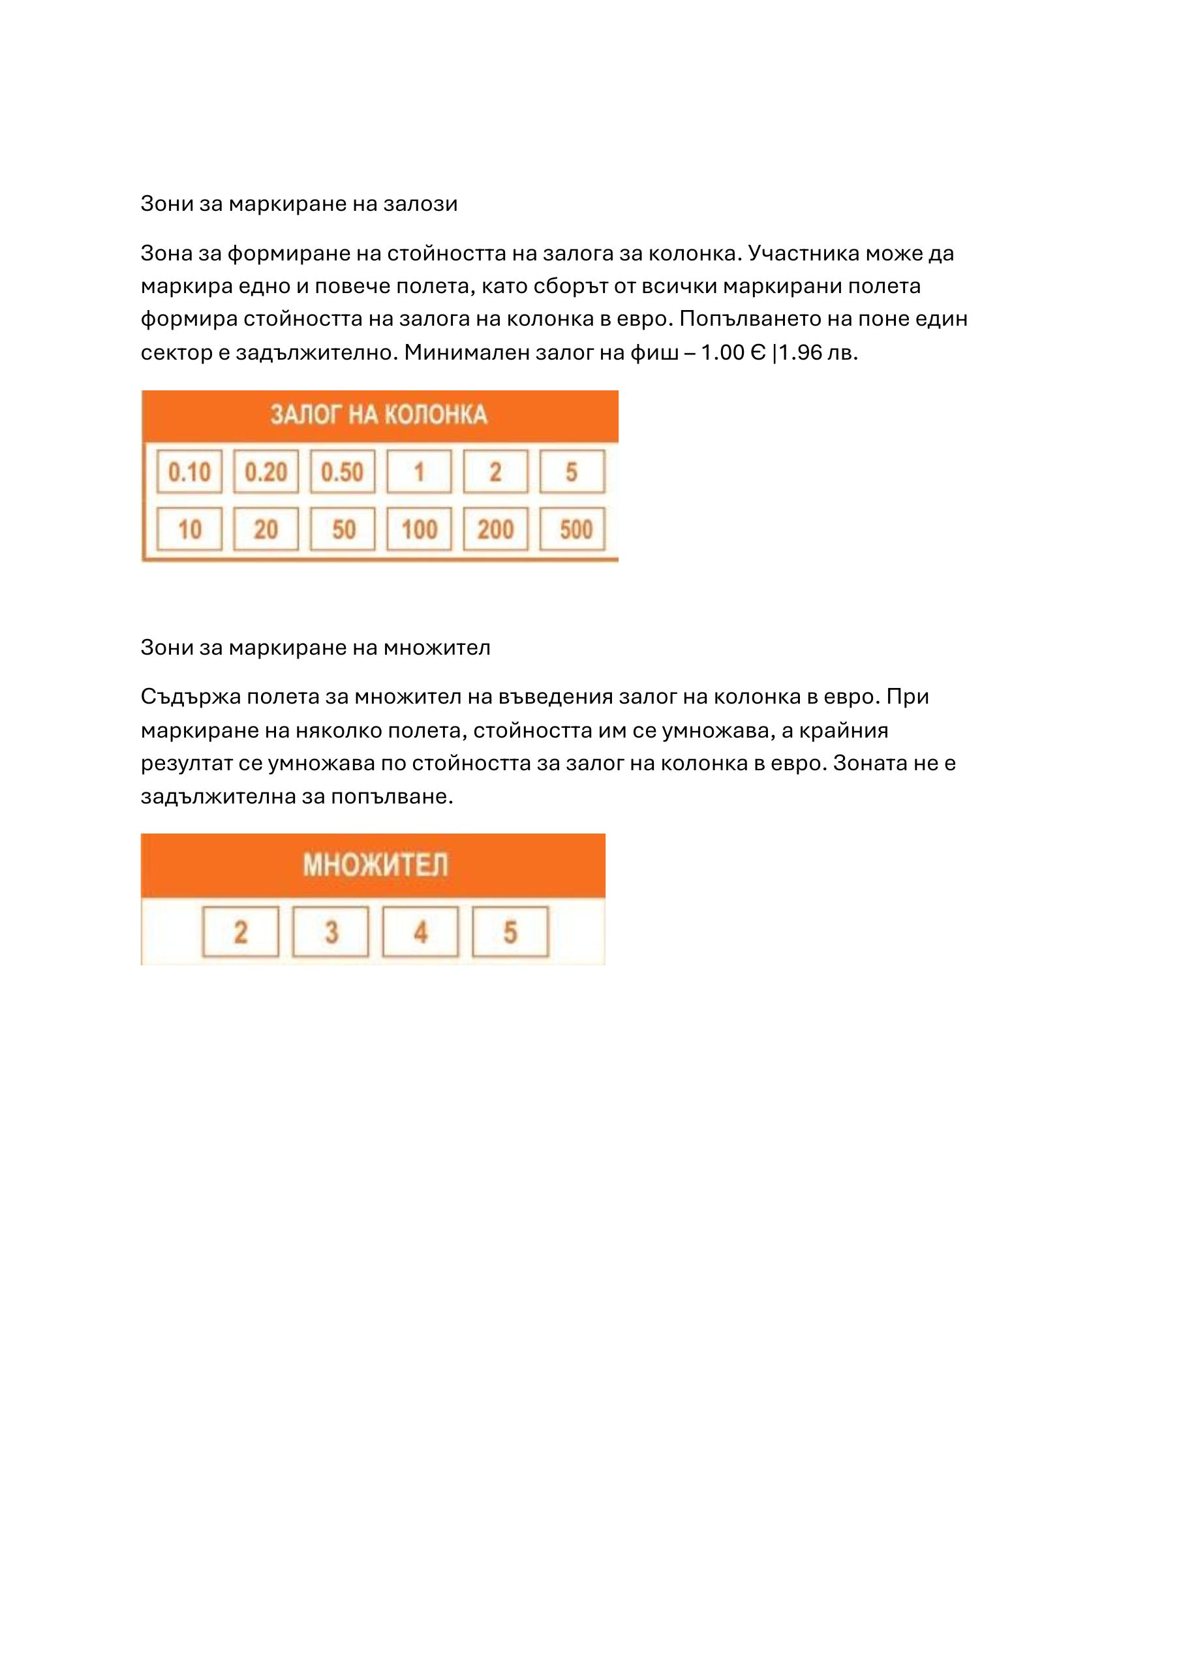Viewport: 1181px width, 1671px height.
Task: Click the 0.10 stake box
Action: pos(189,472)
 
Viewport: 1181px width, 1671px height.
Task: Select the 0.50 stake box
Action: pos(342,472)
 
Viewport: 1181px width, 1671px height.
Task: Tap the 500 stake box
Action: pos(572,529)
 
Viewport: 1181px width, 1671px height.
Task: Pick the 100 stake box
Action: pos(419,529)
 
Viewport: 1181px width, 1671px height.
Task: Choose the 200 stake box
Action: pos(495,529)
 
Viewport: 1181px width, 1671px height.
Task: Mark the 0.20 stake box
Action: pos(266,472)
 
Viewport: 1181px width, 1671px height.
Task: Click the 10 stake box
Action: pos(189,529)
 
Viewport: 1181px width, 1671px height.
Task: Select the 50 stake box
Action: pos(342,529)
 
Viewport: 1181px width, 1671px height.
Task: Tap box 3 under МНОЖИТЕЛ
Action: pos(330,931)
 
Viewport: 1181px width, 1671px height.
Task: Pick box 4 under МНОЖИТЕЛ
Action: pos(421,931)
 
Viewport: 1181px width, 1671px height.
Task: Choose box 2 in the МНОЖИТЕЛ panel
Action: pos(240,931)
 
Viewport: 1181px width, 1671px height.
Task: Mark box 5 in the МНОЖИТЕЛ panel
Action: pos(510,931)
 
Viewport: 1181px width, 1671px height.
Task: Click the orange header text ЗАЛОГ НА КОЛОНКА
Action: pos(378,415)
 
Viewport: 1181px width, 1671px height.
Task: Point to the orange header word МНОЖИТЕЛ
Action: pos(375,866)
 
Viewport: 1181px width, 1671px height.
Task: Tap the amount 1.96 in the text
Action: pos(801,353)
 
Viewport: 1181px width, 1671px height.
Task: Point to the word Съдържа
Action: pos(190,697)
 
